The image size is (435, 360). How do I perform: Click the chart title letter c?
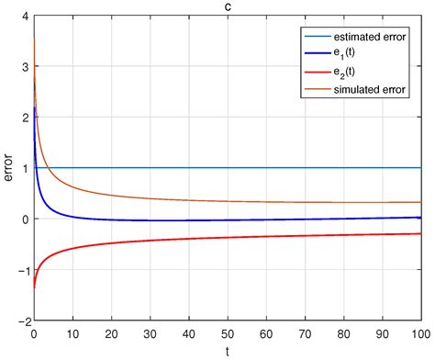(x=227, y=7)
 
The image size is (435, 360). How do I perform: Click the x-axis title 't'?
(x=227, y=351)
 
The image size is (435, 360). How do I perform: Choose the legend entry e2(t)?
(x=346, y=73)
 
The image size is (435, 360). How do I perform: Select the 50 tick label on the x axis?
(x=227, y=334)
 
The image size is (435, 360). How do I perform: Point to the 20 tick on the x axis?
(x=111, y=334)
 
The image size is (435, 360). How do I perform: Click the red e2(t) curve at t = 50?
(x=227, y=239)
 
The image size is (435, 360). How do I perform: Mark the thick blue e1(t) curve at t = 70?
(x=304, y=219)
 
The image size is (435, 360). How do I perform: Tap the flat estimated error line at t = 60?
(x=265, y=168)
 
